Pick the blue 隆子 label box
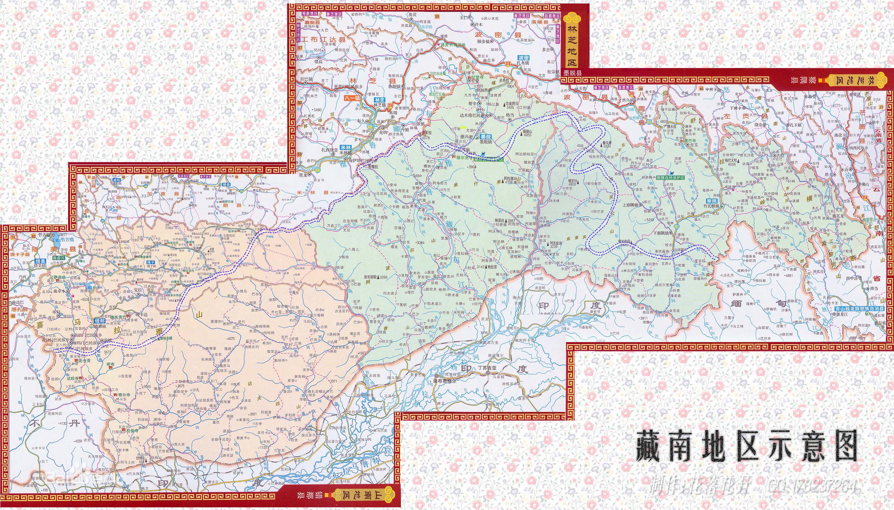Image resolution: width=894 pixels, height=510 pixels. point(151,262)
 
